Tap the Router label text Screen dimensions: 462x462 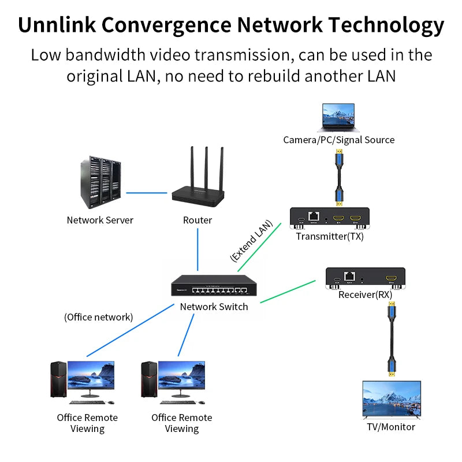pos(198,220)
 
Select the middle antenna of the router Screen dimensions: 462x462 pos(207,167)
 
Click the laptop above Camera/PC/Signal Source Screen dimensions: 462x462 pos(338,118)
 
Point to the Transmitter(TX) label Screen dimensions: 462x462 pos(330,236)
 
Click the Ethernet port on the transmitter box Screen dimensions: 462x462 pos(314,217)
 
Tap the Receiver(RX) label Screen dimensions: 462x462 pos(365,295)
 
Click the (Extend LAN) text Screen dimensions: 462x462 pos(251,241)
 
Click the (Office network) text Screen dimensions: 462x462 pos(98,316)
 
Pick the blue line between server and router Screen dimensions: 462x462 pos(147,193)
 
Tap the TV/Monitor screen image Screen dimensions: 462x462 pos(391,399)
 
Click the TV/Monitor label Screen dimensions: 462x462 pos(391,427)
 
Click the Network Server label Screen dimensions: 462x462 pos(100,220)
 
